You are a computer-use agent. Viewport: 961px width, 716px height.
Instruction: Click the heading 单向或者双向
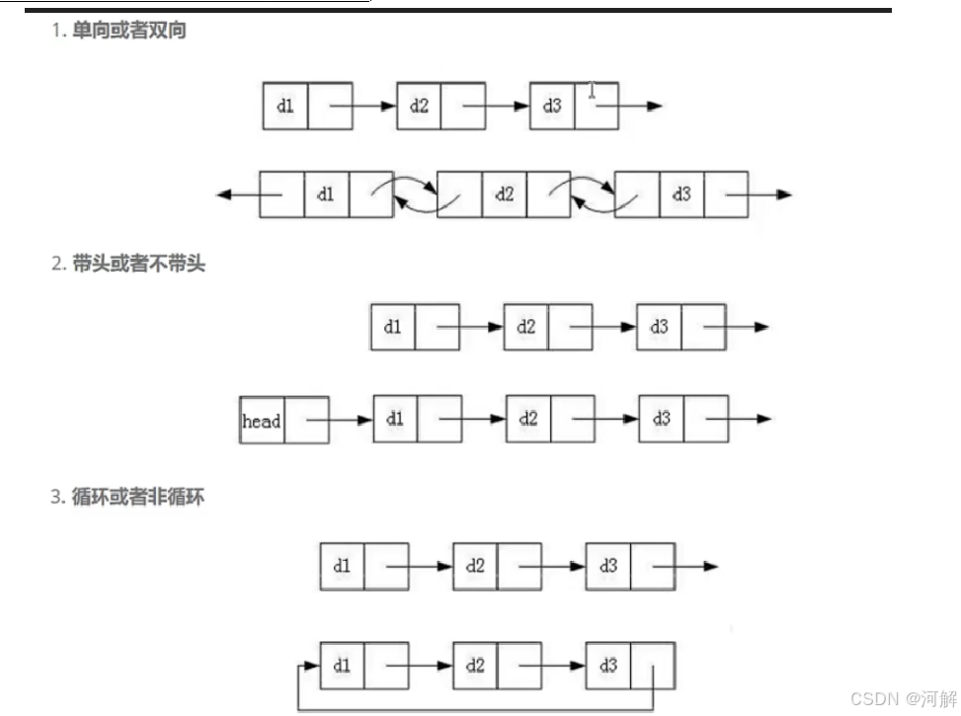pyautogui.click(x=128, y=31)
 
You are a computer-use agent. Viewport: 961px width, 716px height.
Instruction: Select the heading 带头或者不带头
pyautogui.click(x=138, y=264)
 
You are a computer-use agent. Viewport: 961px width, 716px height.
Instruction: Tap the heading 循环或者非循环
pyautogui.click(x=137, y=497)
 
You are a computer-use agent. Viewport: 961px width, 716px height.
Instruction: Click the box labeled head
pyautogui.click(x=262, y=421)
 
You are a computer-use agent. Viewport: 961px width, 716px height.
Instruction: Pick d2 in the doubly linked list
pyautogui.click(x=505, y=195)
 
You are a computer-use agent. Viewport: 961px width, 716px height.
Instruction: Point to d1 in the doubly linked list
pyautogui.click(x=326, y=195)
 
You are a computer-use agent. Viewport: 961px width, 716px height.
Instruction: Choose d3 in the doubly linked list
pyautogui.click(x=681, y=195)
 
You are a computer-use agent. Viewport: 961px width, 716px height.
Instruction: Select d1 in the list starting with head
pyautogui.click(x=395, y=419)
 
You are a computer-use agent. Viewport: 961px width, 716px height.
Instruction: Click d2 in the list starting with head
pyautogui.click(x=528, y=419)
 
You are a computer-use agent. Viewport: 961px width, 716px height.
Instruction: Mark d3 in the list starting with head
pyautogui.click(x=661, y=419)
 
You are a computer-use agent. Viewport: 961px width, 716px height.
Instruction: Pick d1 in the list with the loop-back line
pyautogui.click(x=342, y=666)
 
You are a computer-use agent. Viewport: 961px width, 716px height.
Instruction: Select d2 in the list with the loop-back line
pyautogui.click(x=475, y=666)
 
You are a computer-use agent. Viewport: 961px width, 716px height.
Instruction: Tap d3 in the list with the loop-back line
pyautogui.click(x=607, y=666)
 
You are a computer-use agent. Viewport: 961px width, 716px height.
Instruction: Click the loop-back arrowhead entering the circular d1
pyautogui.click(x=313, y=666)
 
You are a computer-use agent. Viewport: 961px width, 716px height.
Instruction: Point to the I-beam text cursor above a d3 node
pyautogui.click(x=592, y=91)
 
